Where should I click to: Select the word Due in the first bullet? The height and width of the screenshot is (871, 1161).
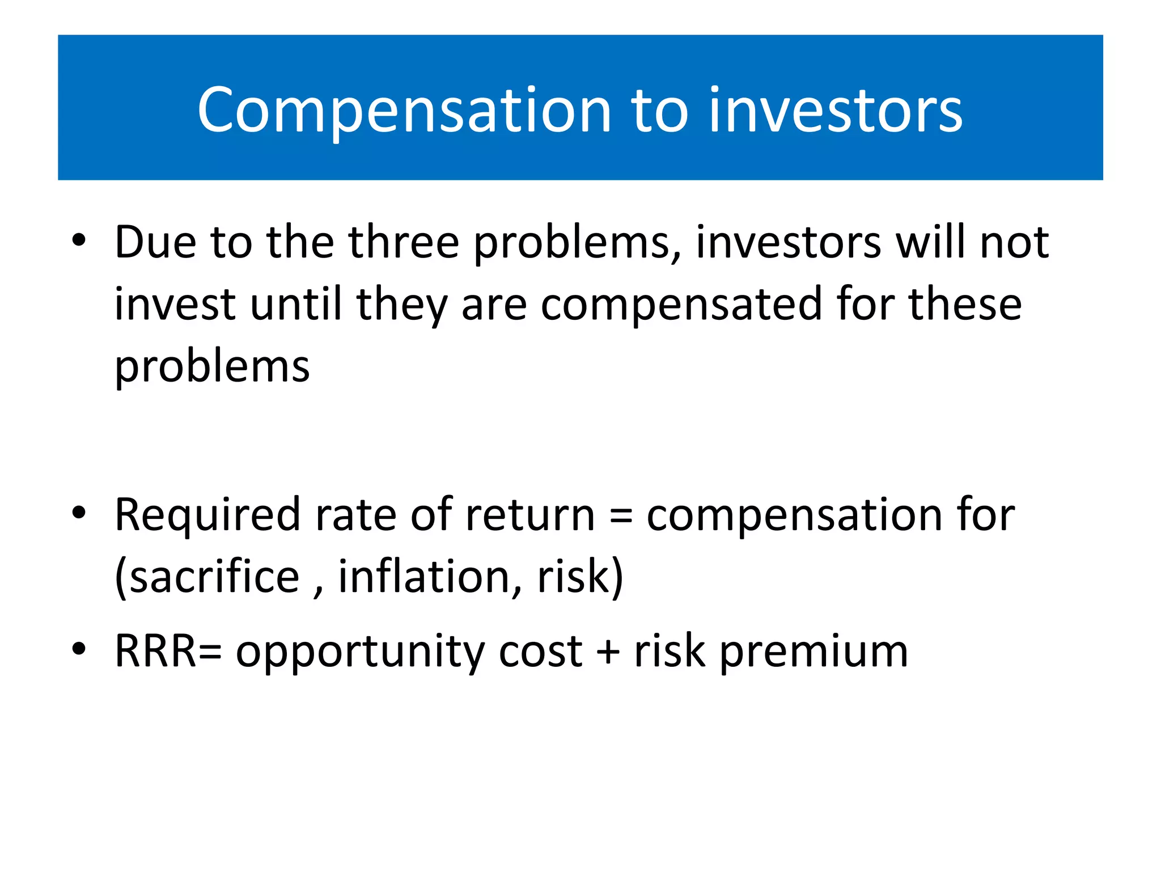coord(155,242)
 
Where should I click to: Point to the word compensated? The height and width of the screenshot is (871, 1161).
coord(681,305)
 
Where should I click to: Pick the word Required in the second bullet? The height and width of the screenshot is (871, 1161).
coord(207,515)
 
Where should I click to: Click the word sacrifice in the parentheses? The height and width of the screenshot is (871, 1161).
coord(214,577)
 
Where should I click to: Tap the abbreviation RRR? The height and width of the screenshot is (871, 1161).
coord(155,652)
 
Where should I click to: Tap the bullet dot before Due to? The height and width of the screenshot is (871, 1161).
coord(79,240)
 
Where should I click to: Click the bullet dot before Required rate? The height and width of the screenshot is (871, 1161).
coord(79,513)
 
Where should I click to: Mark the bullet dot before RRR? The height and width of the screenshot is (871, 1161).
coord(79,649)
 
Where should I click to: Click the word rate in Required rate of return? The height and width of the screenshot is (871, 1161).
coord(355,515)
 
